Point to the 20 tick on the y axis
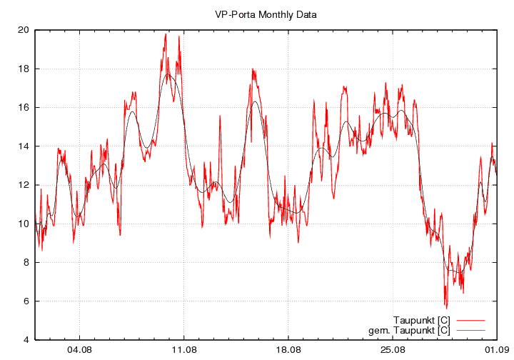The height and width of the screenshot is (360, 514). (x=24, y=30)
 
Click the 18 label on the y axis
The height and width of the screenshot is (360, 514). (x=24, y=69)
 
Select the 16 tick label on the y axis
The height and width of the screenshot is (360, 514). (x=24, y=107)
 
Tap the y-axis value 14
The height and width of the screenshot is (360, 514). (x=24, y=146)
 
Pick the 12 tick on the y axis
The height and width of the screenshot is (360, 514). (x=24, y=184)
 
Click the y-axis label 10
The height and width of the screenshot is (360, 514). (x=24, y=224)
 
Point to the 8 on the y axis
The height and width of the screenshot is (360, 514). (x=26, y=262)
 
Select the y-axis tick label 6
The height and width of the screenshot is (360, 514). (x=26, y=301)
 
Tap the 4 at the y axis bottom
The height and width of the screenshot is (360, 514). (x=26, y=339)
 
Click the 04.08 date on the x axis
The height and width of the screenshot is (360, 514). (x=79, y=350)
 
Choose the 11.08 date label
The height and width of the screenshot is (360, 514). (x=184, y=350)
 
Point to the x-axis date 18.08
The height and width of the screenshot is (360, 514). (x=288, y=350)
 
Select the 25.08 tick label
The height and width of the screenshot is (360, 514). (x=393, y=350)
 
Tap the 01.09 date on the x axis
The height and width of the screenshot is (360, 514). (x=497, y=350)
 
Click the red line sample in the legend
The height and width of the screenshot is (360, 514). (x=470, y=319)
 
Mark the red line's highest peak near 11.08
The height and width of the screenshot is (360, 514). (x=166, y=34)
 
